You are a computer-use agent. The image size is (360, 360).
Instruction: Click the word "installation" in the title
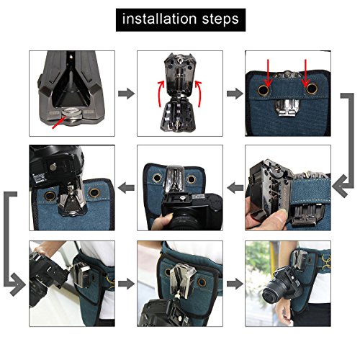(160, 19)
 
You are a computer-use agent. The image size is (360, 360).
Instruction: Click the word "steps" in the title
(220, 19)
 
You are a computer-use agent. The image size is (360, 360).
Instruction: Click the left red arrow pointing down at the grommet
(269, 73)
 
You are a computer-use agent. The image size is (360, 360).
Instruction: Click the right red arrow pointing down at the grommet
(305, 73)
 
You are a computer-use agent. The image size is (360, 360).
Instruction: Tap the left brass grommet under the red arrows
(264, 90)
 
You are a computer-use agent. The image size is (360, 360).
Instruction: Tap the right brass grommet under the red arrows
(312, 89)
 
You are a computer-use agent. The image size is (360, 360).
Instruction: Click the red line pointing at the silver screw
(59, 122)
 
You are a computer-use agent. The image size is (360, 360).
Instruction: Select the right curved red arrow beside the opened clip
(199, 94)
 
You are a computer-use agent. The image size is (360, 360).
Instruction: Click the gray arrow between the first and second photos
(126, 94)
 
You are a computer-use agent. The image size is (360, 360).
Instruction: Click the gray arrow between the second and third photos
(235, 94)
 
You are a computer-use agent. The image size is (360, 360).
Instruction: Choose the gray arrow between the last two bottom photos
(235, 284)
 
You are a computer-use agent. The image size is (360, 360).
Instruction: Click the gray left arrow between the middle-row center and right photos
(235, 188)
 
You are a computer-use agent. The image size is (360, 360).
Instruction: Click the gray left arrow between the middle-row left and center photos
(126, 188)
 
